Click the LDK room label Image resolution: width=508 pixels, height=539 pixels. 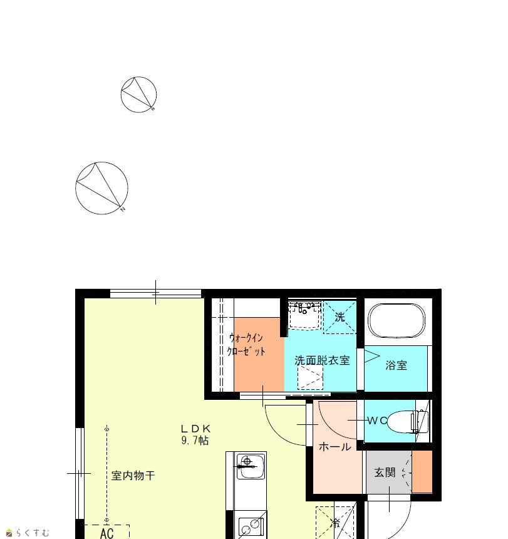click(195, 429)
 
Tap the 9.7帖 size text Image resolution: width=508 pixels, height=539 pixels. click(195, 441)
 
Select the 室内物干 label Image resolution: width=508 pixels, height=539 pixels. click(133, 476)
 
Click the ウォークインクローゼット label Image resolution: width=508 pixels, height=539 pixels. click(246, 345)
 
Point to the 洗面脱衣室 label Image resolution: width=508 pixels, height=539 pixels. click(322, 360)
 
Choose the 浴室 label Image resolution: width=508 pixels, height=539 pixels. click(396, 365)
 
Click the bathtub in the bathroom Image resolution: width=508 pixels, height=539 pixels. click(397, 321)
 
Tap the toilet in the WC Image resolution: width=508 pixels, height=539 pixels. click(408, 421)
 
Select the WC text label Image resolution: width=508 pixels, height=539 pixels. click(377, 421)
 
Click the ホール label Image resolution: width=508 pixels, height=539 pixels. click(335, 447)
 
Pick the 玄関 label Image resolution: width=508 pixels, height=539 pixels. click(385, 473)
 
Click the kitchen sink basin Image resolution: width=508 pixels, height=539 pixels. click(251, 466)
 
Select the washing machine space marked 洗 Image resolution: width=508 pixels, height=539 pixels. click(340, 317)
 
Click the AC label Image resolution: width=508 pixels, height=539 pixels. click(107, 533)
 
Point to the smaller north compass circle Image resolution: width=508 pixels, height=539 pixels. click(139, 95)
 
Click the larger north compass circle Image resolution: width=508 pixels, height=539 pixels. click(101, 188)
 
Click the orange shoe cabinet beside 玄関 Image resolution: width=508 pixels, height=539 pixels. click(422, 471)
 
